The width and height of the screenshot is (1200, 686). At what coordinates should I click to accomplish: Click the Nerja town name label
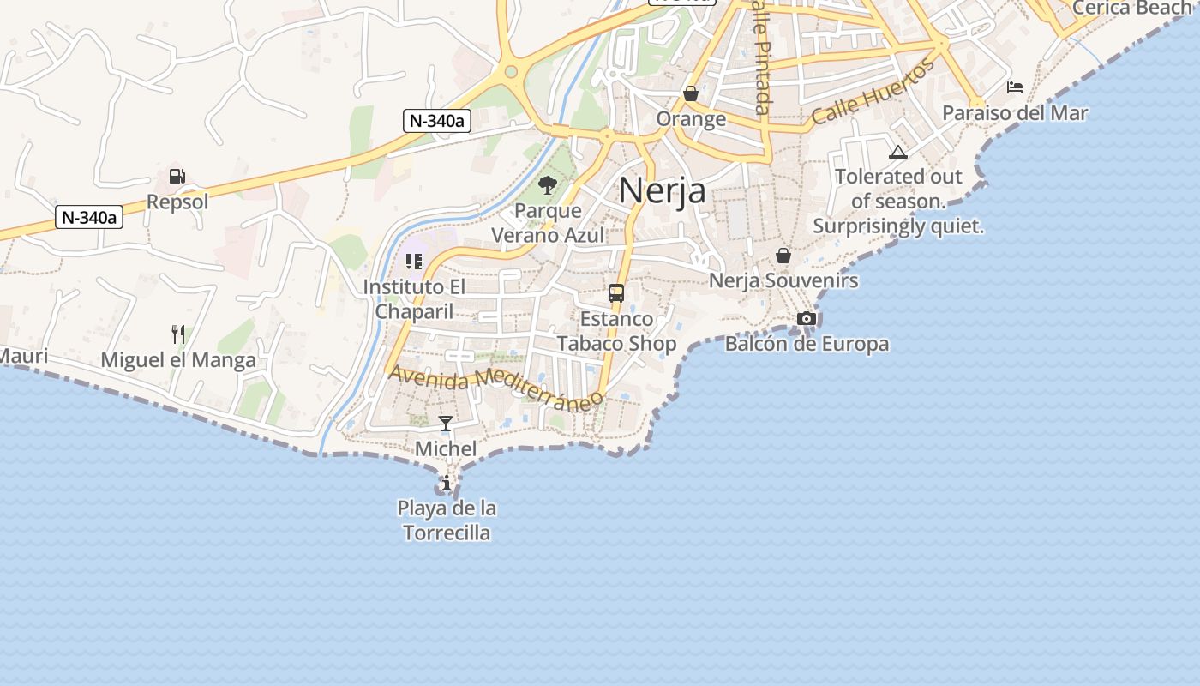click(x=662, y=190)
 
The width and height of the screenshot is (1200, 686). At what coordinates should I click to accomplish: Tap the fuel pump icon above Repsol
click(x=177, y=177)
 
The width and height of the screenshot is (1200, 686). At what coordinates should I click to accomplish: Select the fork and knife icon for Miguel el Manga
click(x=178, y=334)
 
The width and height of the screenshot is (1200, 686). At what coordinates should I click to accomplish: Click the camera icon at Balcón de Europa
click(x=807, y=319)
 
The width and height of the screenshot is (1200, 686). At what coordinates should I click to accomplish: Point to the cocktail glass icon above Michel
click(x=446, y=424)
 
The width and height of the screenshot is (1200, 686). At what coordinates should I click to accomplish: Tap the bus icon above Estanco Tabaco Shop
click(x=616, y=293)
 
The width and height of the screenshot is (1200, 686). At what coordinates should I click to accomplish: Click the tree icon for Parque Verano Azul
click(x=548, y=184)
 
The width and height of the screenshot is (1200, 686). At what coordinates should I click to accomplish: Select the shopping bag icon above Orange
click(x=691, y=93)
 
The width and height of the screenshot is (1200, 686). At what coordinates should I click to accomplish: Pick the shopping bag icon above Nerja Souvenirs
click(x=783, y=255)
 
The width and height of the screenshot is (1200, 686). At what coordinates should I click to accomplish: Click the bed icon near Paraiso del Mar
click(x=1015, y=87)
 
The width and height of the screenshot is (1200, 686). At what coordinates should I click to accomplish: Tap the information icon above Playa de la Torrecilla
click(x=446, y=484)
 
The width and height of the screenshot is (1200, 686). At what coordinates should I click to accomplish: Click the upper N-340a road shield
click(x=437, y=121)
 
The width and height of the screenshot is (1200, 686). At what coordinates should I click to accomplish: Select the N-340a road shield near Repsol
click(x=90, y=217)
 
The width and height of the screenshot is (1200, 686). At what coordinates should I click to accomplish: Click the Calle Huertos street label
click(x=873, y=92)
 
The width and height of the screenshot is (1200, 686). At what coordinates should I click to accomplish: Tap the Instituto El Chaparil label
click(x=414, y=298)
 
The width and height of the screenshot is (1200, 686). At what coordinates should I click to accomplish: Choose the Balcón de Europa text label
click(x=807, y=345)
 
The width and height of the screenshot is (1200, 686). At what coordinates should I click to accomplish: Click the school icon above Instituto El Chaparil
click(x=414, y=261)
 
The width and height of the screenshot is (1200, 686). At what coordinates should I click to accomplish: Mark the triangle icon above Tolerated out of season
click(x=898, y=153)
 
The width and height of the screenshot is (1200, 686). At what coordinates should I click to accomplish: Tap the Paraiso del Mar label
click(x=1015, y=113)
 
